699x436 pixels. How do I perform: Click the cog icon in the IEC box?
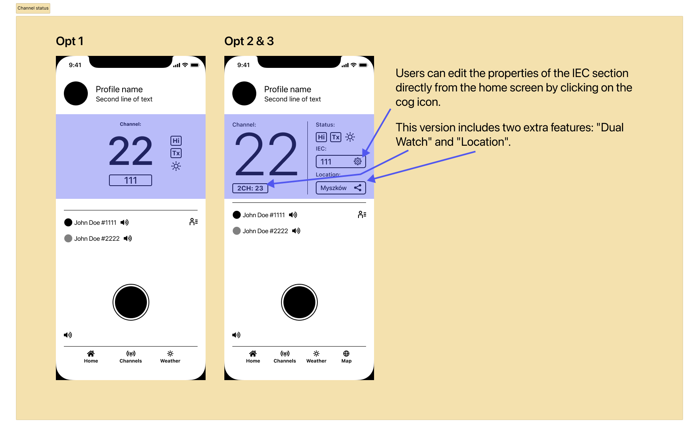tap(358, 161)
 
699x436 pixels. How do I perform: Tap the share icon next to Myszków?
tap(358, 188)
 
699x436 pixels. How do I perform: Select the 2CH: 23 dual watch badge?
tap(250, 188)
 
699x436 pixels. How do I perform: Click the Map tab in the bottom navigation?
tap(347, 357)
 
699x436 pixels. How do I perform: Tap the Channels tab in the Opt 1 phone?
tap(131, 357)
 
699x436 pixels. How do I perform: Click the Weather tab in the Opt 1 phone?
tap(170, 357)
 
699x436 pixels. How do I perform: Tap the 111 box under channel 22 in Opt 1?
tap(131, 180)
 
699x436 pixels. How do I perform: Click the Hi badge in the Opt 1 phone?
tap(176, 141)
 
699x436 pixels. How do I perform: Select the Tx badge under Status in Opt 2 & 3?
tap(336, 137)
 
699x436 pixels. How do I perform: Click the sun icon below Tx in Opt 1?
tap(176, 166)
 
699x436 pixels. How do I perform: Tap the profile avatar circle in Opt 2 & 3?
tap(244, 93)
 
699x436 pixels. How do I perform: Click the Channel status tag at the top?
tap(33, 8)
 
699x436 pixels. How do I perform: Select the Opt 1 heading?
tap(70, 41)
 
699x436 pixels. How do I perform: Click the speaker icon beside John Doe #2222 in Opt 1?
tap(128, 238)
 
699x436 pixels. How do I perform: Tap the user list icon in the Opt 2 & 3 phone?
tap(362, 214)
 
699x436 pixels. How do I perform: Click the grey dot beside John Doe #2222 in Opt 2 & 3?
tap(237, 231)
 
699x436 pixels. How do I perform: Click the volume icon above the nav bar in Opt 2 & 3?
tap(236, 335)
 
